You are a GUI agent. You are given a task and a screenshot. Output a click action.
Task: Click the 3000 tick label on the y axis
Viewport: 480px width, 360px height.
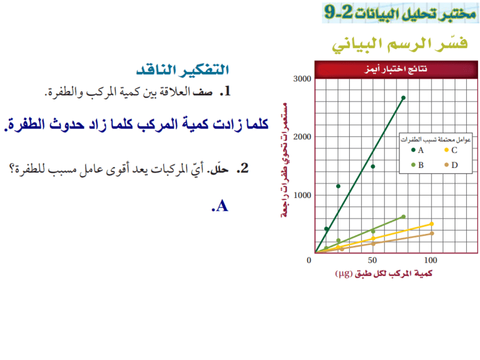(x=302, y=79)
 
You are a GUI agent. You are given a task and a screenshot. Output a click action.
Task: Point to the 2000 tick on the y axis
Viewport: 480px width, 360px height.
(x=302, y=137)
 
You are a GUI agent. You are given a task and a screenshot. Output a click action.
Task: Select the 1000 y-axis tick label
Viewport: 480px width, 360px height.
(x=302, y=196)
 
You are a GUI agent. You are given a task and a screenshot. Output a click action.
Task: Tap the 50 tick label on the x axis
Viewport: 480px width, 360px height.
(x=372, y=260)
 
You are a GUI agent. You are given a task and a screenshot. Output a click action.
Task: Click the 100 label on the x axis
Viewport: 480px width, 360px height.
(x=430, y=260)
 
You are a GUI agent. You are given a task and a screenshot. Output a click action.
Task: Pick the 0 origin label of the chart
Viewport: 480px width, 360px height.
(x=309, y=260)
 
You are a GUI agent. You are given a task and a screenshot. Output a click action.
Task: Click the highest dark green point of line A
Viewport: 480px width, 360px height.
(x=403, y=98)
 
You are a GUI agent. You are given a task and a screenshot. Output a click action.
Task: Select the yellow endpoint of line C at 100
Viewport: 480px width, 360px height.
(x=431, y=224)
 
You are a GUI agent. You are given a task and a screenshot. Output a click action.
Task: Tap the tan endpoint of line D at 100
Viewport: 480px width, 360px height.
(x=431, y=233)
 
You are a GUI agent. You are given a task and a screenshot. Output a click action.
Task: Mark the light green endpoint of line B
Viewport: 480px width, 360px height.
(x=403, y=217)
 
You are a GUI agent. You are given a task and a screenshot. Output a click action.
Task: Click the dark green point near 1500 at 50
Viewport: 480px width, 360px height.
(x=373, y=167)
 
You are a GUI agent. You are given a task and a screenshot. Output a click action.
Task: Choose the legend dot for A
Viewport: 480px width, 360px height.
(x=413, y=150)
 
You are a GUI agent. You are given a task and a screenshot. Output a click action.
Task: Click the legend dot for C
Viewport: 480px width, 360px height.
(x=446, y=150)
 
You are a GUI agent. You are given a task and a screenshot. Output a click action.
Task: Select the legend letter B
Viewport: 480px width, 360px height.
(x=421, y=166)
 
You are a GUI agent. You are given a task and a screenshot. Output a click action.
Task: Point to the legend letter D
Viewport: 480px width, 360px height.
(x=455, y=166)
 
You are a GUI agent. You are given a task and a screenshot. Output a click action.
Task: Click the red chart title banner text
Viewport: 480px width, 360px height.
(x=396, y=69)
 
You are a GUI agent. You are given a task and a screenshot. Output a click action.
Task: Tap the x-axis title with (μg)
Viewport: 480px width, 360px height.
(x=383, y=274)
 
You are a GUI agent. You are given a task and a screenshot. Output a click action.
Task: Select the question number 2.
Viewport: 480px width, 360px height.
(x=244, y=169)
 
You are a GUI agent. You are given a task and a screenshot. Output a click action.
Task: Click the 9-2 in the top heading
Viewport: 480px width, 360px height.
(x=338, y=12)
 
